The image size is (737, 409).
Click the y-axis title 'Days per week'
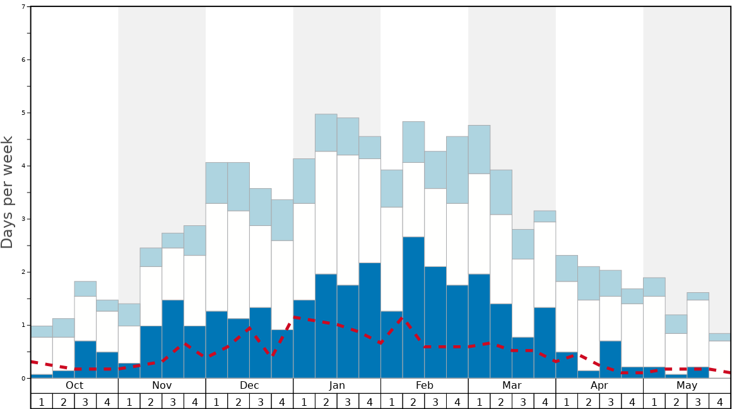pos(8,192)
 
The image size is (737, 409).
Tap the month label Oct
pos(74,386)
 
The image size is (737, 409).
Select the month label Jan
pos(337,386)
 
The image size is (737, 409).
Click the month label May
pos(687,386)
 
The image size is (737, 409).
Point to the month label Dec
pos(249,386)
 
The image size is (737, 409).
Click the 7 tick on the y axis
pos(23,7)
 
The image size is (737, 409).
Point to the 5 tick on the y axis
pos(23,113)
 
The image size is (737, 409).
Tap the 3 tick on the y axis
pos(23,219)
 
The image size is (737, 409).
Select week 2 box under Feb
pos(413,401)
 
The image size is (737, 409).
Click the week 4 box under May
pos(720,401)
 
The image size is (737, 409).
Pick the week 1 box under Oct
pos(42,401)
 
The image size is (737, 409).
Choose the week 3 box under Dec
pos(261,401)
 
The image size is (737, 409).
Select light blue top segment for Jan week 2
pos(326,133)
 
